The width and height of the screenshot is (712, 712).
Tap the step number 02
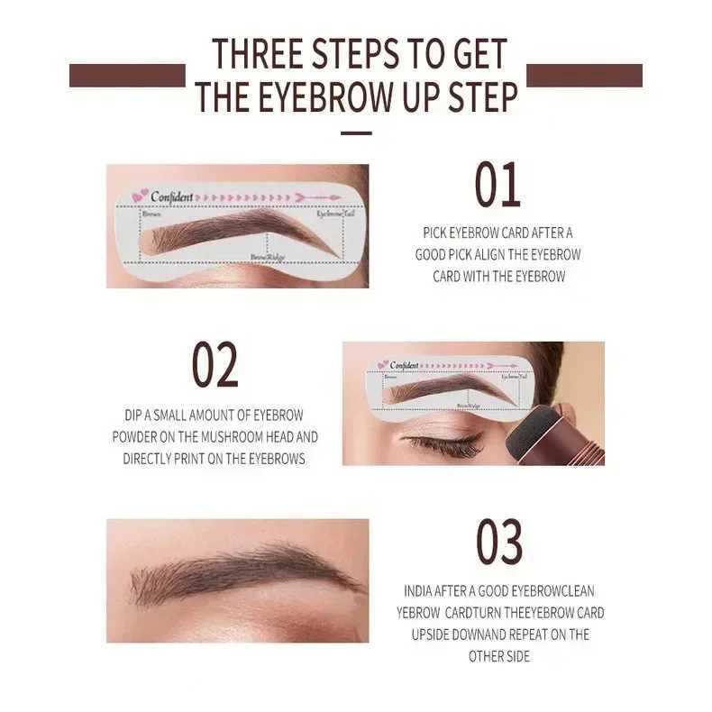click(215, 365)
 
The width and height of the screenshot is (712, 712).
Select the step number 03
click(499, 543)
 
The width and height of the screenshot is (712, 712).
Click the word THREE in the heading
click(256, 54)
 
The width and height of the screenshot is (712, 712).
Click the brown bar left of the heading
click(126, 76)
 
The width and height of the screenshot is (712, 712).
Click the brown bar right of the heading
click(584, 76)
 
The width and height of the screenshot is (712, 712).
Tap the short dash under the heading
click(357, 133)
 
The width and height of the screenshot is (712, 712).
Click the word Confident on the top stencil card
click(171, 196)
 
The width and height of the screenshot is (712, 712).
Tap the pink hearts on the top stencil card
click(140, 196)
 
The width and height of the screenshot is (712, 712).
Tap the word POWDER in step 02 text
click(135, 436)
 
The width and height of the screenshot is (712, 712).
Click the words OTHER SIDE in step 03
click(498, 656)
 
